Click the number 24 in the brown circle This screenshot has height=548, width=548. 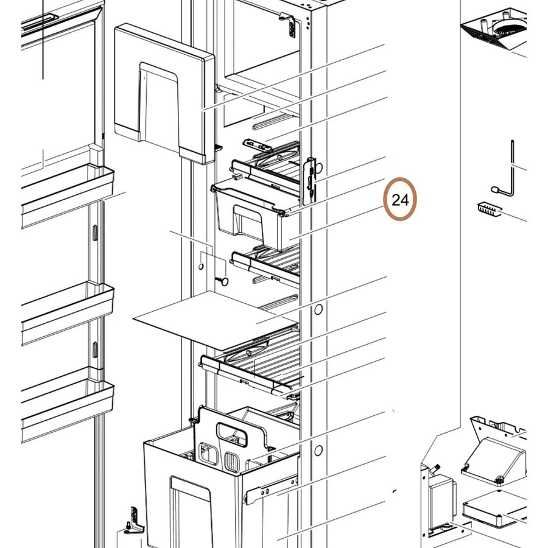[400, 200]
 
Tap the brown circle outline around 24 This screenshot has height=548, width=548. [400, 199]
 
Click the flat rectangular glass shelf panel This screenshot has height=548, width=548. [216, 320]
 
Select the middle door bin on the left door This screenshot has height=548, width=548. [68, 314]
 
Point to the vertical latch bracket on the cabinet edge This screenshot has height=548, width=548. [309, 181]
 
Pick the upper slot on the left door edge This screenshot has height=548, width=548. [95, 233]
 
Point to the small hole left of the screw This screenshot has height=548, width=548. [201, 267]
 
